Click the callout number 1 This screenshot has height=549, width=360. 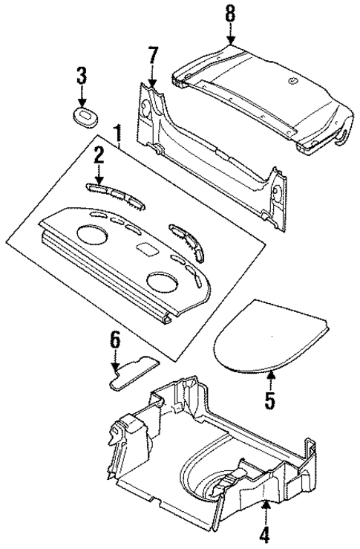(117, 135)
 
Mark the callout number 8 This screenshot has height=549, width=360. (230, 13)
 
